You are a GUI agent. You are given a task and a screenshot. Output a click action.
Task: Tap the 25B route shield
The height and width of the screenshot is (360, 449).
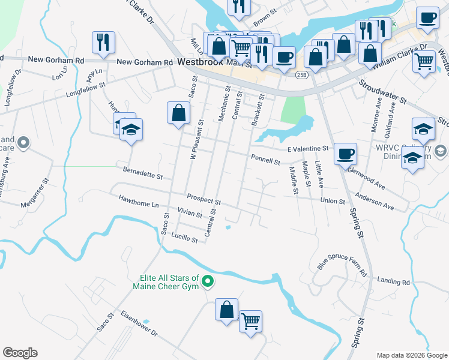(x=301, y=74)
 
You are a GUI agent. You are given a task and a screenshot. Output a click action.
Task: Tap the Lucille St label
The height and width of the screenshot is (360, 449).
(x=184, y=238)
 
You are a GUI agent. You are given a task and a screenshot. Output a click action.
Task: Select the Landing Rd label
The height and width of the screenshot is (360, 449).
(x=394, y=281)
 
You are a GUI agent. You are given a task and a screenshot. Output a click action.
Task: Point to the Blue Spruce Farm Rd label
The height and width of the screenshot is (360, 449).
(x=342, y=264)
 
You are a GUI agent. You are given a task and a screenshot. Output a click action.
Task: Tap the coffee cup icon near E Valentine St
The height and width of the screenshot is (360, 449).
(x=345, y=153)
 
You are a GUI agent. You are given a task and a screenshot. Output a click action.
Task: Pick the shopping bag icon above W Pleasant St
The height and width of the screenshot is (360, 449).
(x=179, y=112)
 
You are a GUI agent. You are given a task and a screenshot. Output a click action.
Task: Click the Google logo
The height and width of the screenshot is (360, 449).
(x=20, y=353)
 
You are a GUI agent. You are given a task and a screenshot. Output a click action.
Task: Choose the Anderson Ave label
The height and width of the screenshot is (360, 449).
(x=374, y=201)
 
